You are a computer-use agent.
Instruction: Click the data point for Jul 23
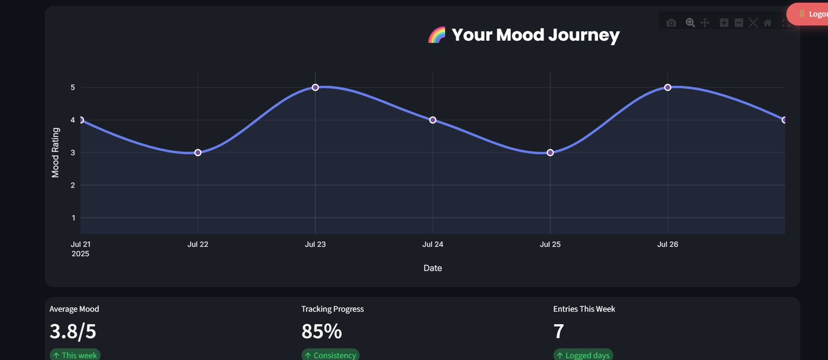pyautogui.click(x=315, y=87)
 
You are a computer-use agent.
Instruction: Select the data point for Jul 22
pyautogui.click(x=198, y=152)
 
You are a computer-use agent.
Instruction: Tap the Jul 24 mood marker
pyautogui.click(x=433, y=120)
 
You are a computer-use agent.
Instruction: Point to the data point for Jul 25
pyautogui.click(x=550, y=152)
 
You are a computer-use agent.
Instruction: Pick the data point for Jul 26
pyautogui.click(x=667, y=87)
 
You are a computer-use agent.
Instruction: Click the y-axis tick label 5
pyautogui.click(x=73, y=87)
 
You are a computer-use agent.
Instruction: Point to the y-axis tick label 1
pyautogui.click(x=73, y=218)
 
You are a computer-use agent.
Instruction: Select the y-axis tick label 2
pyautogui.click(x=73, y=185)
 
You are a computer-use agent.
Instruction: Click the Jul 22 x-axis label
pyautogui.click(x=198, y=244)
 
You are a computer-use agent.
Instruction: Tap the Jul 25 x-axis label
pyautogui.click(x=550, y=244)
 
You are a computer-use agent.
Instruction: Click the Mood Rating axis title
pyautogui.click(x=55, y=152)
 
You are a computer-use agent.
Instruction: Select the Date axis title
pyautogui.click(x=433, y=268)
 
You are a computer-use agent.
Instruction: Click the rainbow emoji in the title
pyautogui.click(x=437, y=35)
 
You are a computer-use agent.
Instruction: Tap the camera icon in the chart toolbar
pyautogui.click(x=671, y=23)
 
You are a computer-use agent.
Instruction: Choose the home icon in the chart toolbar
pyautogui.click(x=768, y=23)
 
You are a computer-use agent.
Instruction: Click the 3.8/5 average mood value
pyautogui.click(x=73, y=331)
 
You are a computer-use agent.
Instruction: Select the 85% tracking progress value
pyautogui.click(x=322, y=331)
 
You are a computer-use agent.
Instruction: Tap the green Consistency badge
pyautogui.click(x=331, y=355)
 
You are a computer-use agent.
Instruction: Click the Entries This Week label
pyautogui.click(x=584, y=309)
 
